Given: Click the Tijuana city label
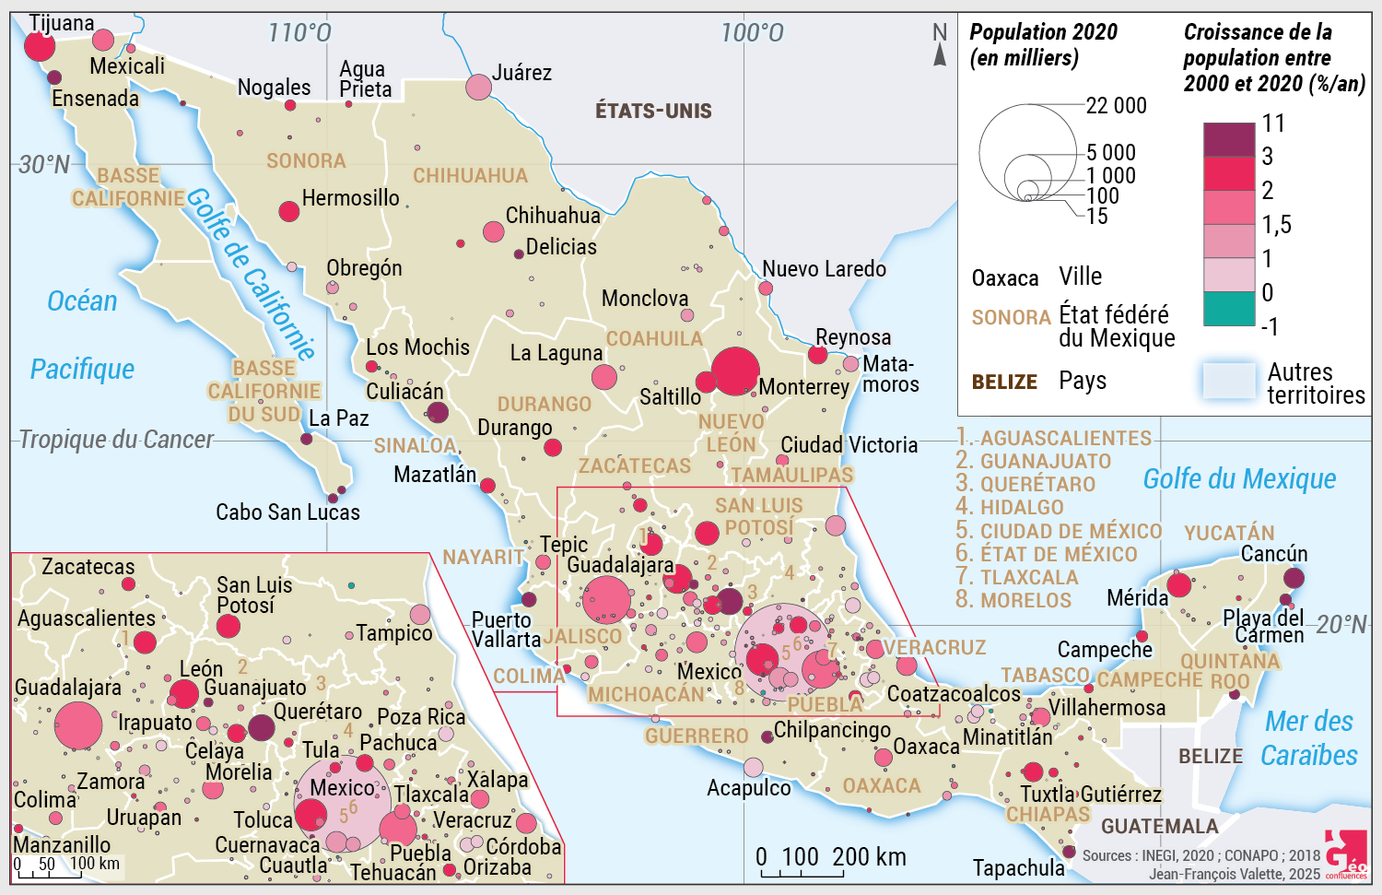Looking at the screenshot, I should (x=62, y=23).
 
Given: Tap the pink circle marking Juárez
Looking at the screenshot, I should (x=478, y=87).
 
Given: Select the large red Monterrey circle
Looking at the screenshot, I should (x=735, y=371).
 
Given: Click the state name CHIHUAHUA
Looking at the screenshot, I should (x=470, y=175).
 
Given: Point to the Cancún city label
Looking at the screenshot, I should (x=1274, y=554).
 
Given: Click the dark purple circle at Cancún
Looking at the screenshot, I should (x=1294, y=578).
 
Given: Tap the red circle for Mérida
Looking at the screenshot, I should (x=1179, y=584).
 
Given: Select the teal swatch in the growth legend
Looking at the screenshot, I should (x=1229, y=310).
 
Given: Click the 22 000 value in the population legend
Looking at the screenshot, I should (x=1116, y=106).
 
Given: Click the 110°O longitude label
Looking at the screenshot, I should (x=299, y=33).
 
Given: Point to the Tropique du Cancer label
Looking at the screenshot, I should (x=116, y=440).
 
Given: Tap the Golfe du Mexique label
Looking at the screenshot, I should (x=1239, y=479).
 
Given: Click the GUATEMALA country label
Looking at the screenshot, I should (x=1159, y=826).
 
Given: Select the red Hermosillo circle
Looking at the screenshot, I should (x=289, y=211).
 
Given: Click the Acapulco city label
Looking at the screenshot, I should (x=748, y=788).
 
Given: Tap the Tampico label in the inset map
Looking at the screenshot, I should (x=393, y=633).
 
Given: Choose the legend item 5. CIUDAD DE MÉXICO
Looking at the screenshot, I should (x=1059, y=531).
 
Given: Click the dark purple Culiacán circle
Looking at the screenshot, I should (x=438, y=412).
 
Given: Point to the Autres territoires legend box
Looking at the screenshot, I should (x=1229, y=381).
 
